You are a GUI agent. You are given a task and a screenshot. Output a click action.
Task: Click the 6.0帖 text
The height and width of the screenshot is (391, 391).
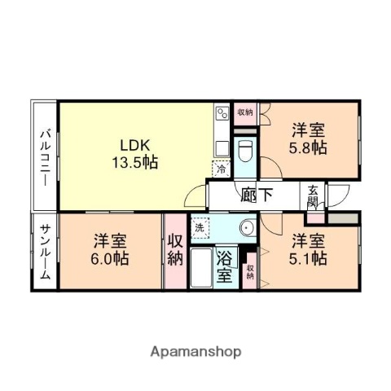click(110, 258)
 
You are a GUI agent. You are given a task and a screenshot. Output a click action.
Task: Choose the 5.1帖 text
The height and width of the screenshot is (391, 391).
click(310, 258)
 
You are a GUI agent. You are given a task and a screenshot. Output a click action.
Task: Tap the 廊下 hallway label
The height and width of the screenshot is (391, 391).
click(257, 195)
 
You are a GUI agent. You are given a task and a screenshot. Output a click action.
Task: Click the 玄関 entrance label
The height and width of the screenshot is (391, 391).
click(314, 196)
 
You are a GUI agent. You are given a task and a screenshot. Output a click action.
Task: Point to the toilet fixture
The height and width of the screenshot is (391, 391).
click(245, 152)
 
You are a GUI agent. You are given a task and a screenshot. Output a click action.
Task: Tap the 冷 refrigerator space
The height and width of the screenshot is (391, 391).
click(221, 169)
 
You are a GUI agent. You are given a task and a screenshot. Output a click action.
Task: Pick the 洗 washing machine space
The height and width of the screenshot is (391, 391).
click(200, 227)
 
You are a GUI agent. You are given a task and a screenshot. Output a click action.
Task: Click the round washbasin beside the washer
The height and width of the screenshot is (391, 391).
click(247, 226)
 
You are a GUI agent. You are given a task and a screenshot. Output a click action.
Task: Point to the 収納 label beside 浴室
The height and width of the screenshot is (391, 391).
click(250, 272)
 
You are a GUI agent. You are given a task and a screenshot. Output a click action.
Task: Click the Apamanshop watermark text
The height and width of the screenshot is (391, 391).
click(195, 352)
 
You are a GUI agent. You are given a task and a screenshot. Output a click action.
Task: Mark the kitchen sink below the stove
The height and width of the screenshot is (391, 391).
click(222, 147)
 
